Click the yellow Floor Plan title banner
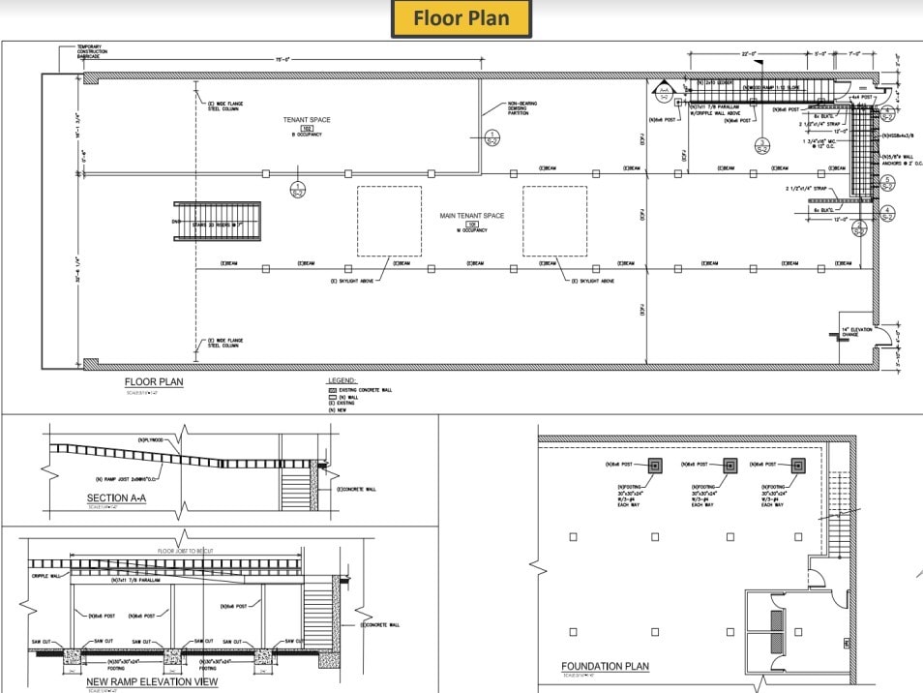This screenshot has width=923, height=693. coord(462,18)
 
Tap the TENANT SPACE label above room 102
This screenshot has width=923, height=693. coord(307,120)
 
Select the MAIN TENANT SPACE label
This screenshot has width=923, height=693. coord(474,216)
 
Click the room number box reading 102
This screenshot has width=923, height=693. coord(307,128)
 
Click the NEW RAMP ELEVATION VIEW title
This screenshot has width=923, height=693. coord(152,681)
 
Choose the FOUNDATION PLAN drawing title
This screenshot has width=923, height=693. coord(605,666)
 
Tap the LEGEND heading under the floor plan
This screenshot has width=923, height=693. coord(342,380)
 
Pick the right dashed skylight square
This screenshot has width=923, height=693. coord(555,221)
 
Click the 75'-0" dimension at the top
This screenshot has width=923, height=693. coord(283,60)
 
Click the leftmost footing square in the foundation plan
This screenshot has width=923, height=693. coord(655,466)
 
